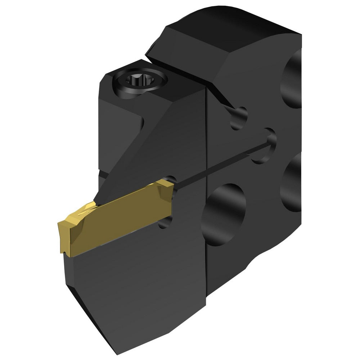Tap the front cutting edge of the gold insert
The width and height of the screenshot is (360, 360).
62,234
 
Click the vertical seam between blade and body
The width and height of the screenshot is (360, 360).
205,234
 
